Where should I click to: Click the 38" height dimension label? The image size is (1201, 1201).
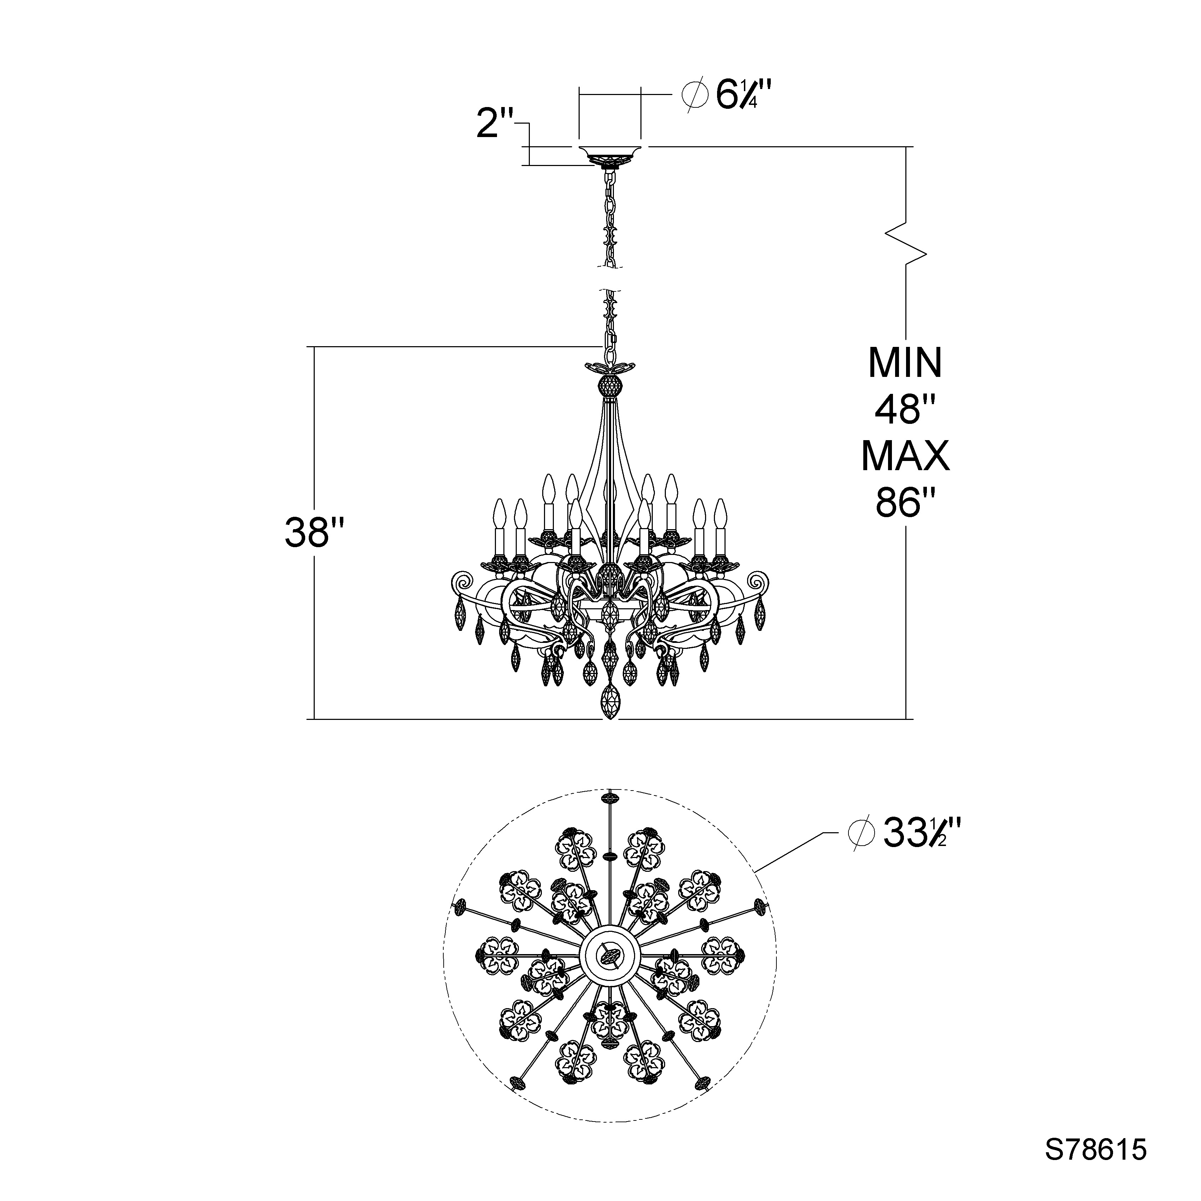pos(314,533)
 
